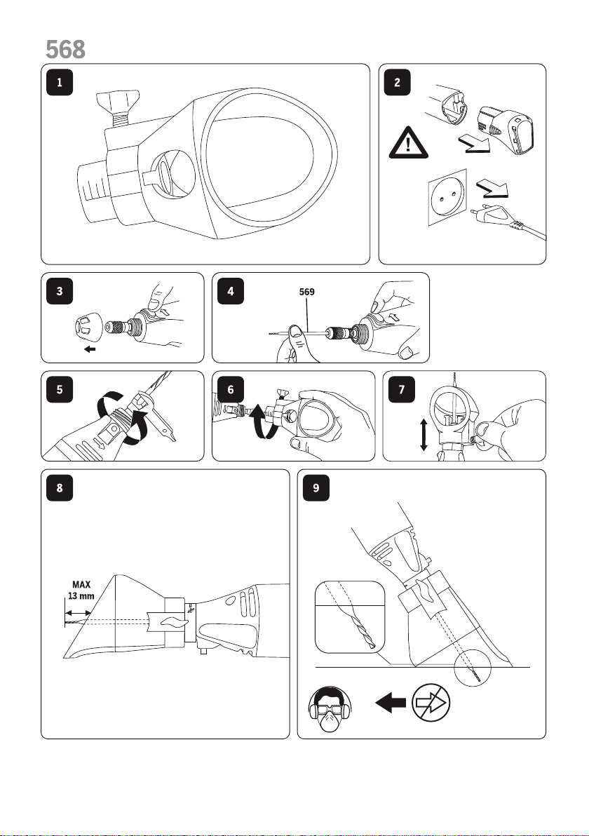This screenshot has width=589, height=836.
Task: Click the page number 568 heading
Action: tap(66, 48)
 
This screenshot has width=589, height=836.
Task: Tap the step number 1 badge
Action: tap(59, 83)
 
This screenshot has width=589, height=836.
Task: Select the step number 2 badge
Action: tap(398, 83)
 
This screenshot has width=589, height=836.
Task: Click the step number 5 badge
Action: tap(59, 389)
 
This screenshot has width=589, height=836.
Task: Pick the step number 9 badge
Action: tap(318, 489)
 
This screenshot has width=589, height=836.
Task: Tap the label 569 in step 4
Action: tap(307, 294)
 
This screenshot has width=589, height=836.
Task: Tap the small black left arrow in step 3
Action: tap(88, 346)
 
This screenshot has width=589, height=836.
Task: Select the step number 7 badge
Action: tap(402, 389)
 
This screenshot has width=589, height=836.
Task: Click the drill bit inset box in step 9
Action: tap(350, 616)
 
